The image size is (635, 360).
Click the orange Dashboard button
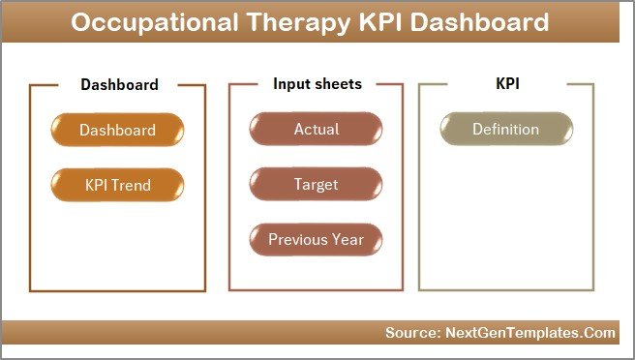pos(117,130)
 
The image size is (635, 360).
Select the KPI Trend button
pos(117,184)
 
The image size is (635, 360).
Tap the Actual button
pos(317,129)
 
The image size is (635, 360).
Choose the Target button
pos(317,184)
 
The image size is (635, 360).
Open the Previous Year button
pos(317,239)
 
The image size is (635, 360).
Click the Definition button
pos(505,129)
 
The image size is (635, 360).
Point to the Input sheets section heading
pos(317,84)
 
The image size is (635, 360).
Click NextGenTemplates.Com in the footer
pos(530,332)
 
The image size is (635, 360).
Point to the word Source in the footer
pos(411,332)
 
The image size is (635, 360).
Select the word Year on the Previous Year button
pos(348,239)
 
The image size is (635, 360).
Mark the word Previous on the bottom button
pos(298,239)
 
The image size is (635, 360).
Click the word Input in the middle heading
pos(291,84)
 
